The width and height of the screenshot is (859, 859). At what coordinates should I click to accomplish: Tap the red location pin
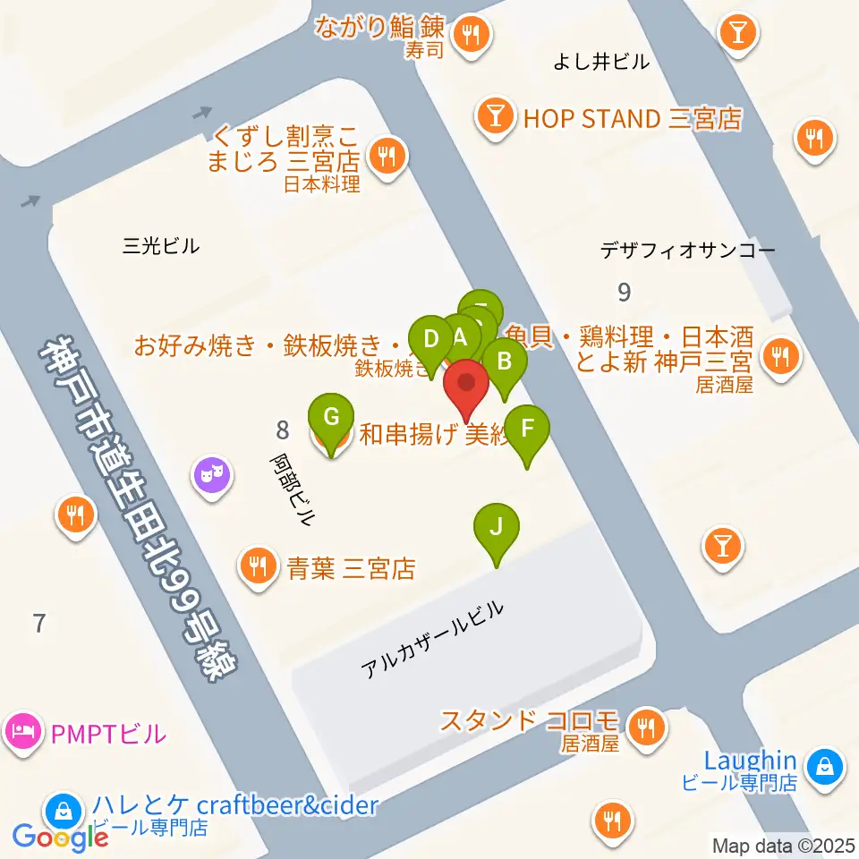tap(466, 384)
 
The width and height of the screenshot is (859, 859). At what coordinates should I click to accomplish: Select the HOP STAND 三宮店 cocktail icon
tap(495, 117)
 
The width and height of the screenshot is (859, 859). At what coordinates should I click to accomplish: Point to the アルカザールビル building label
tap(432, 639)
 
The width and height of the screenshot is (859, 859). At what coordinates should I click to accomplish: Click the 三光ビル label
tap(161, 246)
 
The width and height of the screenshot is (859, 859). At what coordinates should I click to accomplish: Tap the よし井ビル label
tap(601, 62)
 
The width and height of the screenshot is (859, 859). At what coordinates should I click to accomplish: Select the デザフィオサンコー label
tap(688, 251)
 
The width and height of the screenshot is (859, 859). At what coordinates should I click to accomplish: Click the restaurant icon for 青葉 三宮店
tap(258, 566)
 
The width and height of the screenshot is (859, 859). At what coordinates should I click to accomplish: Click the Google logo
tap(60, 836)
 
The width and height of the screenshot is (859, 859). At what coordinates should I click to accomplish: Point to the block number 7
tap(38, 623)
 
